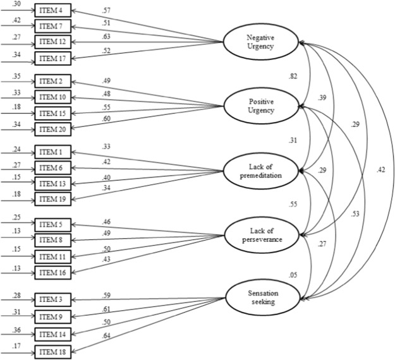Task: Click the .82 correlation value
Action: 293,76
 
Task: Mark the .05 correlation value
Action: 293,275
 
